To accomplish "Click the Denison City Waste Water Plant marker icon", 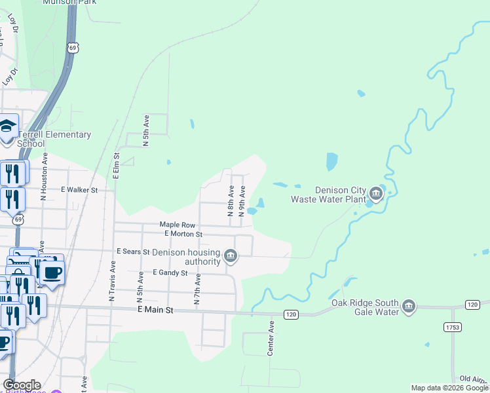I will click(x=375, y=193).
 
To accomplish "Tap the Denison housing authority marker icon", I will click(x=230, y=255).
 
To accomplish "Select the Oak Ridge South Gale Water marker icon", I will click(x=409, y=307).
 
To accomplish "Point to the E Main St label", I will click(x=155, y=310).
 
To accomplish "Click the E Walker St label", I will click(x=79, y=190).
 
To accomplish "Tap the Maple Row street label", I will click(x=178, y=225).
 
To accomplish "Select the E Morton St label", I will click(x=183, y=234).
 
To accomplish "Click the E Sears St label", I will click(x=133, y=252).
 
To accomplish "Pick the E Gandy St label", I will click(x=170, y=272).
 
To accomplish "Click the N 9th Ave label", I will click(x=242, y=201).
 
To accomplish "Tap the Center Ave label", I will click(x=270, y=338).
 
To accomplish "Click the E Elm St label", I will click(x=116, y=166).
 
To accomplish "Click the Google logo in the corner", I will click(x=21, y=385).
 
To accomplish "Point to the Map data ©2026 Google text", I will click(x=449, y=388).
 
